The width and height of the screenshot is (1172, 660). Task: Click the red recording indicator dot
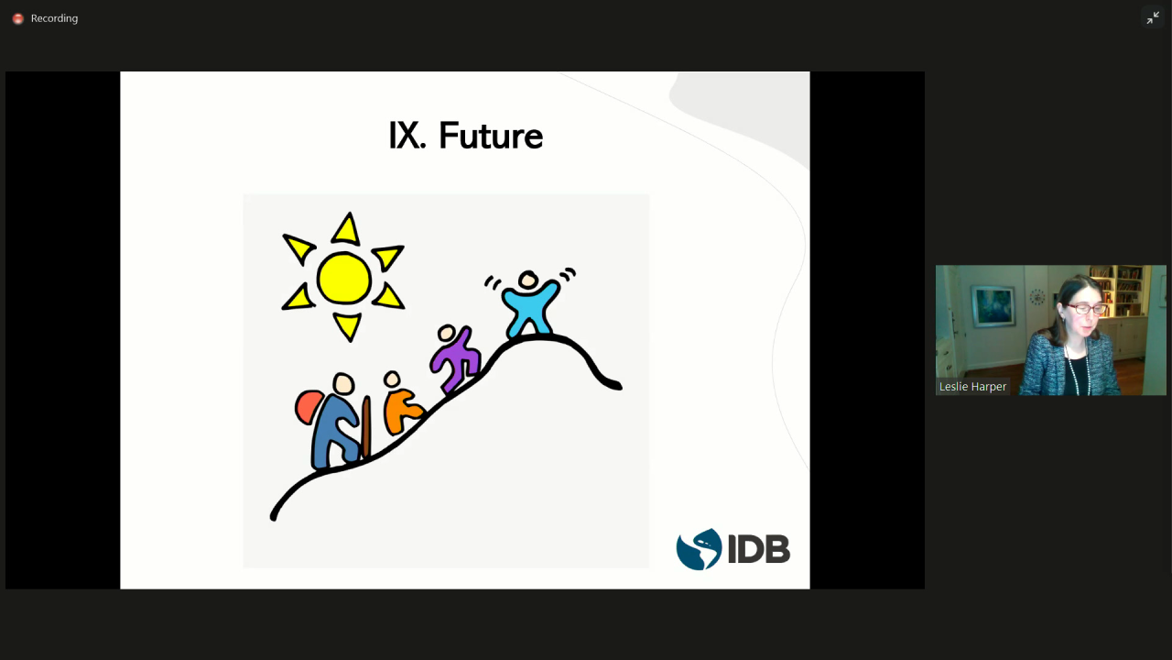[17, 19]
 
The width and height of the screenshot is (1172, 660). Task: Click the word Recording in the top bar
[54, 18]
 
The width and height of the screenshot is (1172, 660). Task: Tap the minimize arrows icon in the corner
[1153, 18]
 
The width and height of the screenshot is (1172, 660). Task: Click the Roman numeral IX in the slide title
[406, 136]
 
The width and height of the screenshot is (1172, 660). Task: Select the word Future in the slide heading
[491, 136]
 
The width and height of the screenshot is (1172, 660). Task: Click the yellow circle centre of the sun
[343, 278]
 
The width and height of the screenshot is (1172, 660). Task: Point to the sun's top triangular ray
[346, 229]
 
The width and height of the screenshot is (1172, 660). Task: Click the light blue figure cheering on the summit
[529, 303]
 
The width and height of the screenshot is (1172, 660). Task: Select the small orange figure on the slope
[401, 403]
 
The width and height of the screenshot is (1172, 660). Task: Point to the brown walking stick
[366, 427]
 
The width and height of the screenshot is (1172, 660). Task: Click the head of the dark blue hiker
[343, 383]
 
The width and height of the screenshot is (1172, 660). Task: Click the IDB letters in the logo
[759, 549]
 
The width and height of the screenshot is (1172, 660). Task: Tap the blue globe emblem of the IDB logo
[699, 549]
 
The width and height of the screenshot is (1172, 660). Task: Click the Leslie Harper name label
[972, 387]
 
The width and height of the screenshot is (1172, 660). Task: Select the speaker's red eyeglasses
[1087, 309]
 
